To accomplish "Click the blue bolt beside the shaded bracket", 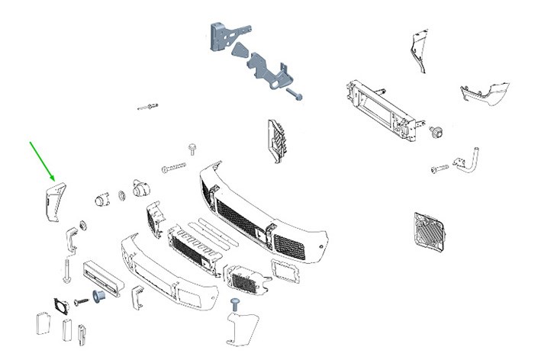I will (x=295, y=97).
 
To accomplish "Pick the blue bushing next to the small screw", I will (x=98, y=294).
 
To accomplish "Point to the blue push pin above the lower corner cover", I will (x=237, y=305).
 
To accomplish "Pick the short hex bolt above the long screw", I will (x=192, y=147).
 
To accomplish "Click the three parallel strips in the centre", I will (x=214, y=228).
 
